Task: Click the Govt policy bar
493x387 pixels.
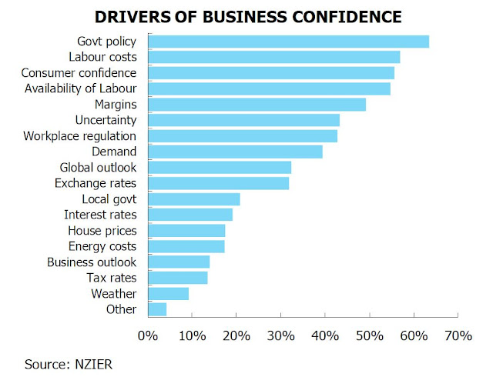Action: [287, 42]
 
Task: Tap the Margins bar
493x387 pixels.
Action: [256, 104]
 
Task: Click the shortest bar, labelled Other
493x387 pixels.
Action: [156, 309]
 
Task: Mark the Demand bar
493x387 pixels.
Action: [234, 152]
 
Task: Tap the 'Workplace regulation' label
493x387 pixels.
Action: [80, 135]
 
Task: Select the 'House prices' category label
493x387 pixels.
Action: [102, 230]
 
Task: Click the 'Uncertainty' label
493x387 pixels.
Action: [106, 120]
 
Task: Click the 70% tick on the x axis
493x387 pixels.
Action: [458, 335]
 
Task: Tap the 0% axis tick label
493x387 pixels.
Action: [146, 335]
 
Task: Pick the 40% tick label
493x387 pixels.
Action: [324, 335]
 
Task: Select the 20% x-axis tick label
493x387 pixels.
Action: [236, 335]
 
